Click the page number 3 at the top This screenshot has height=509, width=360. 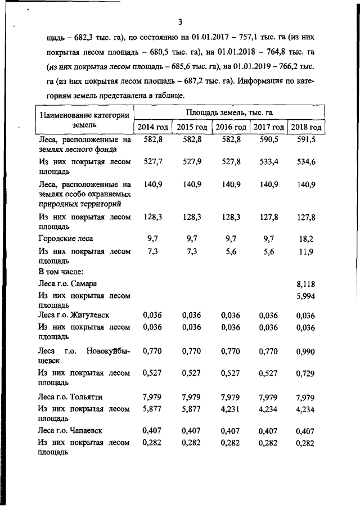(180, 22)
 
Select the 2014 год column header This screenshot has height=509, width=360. (152, 127)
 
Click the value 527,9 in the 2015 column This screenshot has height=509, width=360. (192, 162)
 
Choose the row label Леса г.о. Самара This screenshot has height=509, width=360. (71, 284)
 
